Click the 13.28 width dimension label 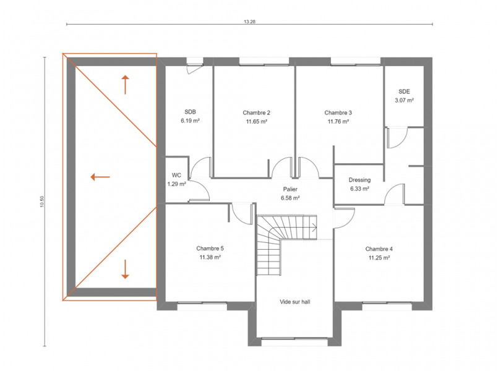[250, 22]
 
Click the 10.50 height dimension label [42, 202]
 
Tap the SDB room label [191, 112]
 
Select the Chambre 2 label [256, 113]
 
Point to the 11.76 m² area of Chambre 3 [338, 121]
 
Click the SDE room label [404, 92]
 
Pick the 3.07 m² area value [404, 100]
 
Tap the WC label [176, 175]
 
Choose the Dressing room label [359, 180]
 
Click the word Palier [290, 189]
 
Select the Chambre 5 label [210, 248]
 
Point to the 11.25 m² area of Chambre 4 [379, 258]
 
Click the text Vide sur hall [295, 302]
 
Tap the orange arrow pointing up [125, 85]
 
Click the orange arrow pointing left [100, 177]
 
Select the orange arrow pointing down [125, 269]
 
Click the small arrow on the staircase [314, 227]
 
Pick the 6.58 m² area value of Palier [290, 198]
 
